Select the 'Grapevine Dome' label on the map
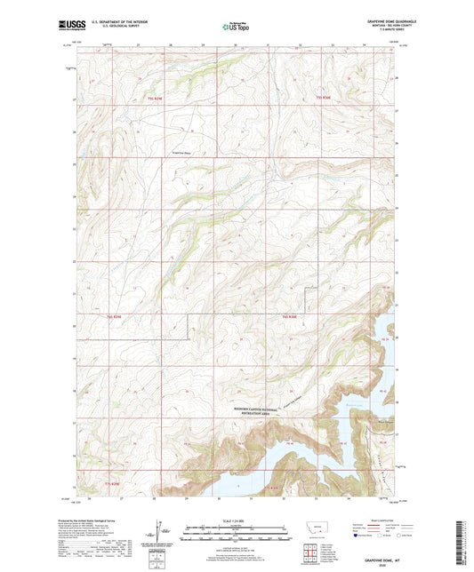coord(183,153)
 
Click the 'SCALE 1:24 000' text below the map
coord(236,520)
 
